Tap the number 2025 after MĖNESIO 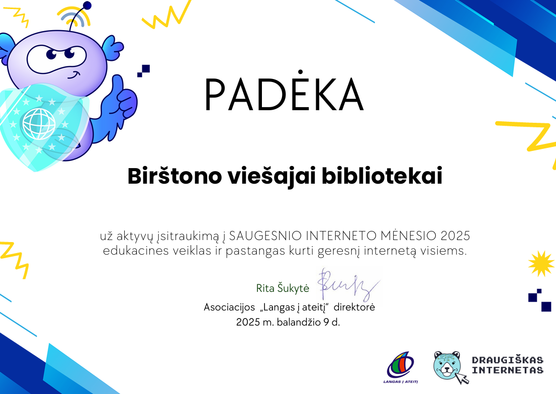click(455, 235)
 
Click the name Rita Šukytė click(283, 288)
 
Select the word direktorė click(354, 306)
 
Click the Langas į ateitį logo click(401, 367)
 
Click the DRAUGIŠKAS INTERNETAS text click(507, 365)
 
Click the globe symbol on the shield click(39, 123)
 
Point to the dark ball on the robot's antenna click(87, 6)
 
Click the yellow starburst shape click(541, 263)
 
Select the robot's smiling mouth click(74, 76)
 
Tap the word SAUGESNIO click(265, 235)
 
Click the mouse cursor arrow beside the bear click(461, 378)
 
